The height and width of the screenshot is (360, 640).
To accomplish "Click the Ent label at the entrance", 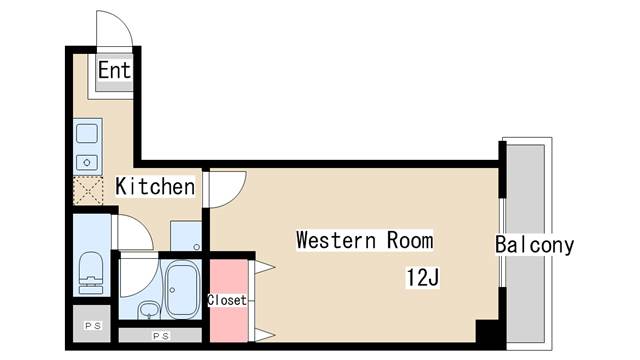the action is pyautogui.click(x=114, y=70).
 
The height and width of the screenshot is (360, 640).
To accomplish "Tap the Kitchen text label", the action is pyautogui.click(x=155, y=187).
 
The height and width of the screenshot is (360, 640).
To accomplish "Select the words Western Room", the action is pyautogui.click(x=364, y=240).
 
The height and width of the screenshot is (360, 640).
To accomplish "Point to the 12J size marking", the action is pyautogui.click(x=422, y=278).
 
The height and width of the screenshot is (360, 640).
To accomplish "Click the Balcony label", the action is pyautogui.click(x=534, y=245).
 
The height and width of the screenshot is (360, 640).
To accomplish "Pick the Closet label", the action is pyautogui.click(x=227, y=300).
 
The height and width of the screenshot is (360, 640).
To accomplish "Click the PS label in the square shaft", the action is pyautogui.click(x=93, y=326).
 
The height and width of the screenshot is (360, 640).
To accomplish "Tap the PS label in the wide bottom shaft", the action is pyautogui.click(x=161, y=336).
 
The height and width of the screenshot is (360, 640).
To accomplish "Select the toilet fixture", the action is pyautogui.click(x=91, y=273).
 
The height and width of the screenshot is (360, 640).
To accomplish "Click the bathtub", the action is pyautogui.click(x=182, y=290).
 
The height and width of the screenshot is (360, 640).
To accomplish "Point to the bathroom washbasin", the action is pyautogui.click(x=149, y=310).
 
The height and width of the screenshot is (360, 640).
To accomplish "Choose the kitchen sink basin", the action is pyautogui.click(x=87, y=133).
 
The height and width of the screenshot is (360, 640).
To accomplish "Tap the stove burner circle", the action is pyautogui.click(x=87, y=162).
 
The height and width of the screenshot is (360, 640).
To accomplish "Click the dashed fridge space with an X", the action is pyautogui.click(x=88, y=190).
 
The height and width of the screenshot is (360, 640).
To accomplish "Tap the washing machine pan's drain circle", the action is pyautogui.click(x=197, y=247).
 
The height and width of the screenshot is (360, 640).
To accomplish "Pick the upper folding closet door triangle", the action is pyautogui.click(x=264, y=268).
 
